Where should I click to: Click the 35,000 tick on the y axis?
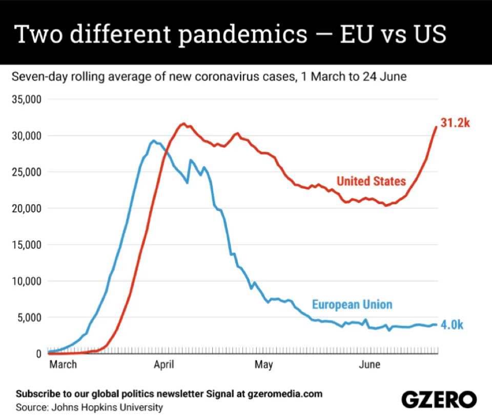coord(27,99)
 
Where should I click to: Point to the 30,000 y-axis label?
coord(27,136)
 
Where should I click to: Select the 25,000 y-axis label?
coord(27,172)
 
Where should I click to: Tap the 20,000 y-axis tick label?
coord(27,209)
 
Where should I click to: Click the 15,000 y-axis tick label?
coord(27,245)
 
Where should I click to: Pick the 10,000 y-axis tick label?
coord(27,282)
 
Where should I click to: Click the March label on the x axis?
coord(63,365)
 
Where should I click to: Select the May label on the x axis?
coord(263,365)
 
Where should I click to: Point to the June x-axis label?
coord(369,365)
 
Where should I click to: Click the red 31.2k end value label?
coord(455,123)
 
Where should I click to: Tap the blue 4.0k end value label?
coord(452,325)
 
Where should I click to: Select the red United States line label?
coord(371,181)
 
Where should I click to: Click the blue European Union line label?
coord(352,305)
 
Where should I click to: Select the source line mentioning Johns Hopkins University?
coord(89,408)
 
